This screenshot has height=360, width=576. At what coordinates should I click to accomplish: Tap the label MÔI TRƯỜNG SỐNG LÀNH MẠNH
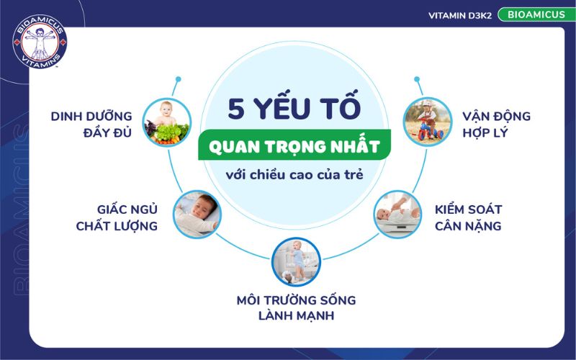[x=296, y=307]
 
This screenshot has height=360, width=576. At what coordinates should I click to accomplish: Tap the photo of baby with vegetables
[x=166, y=123]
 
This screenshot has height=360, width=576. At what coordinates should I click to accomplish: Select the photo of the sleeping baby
[x=197, y=214]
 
